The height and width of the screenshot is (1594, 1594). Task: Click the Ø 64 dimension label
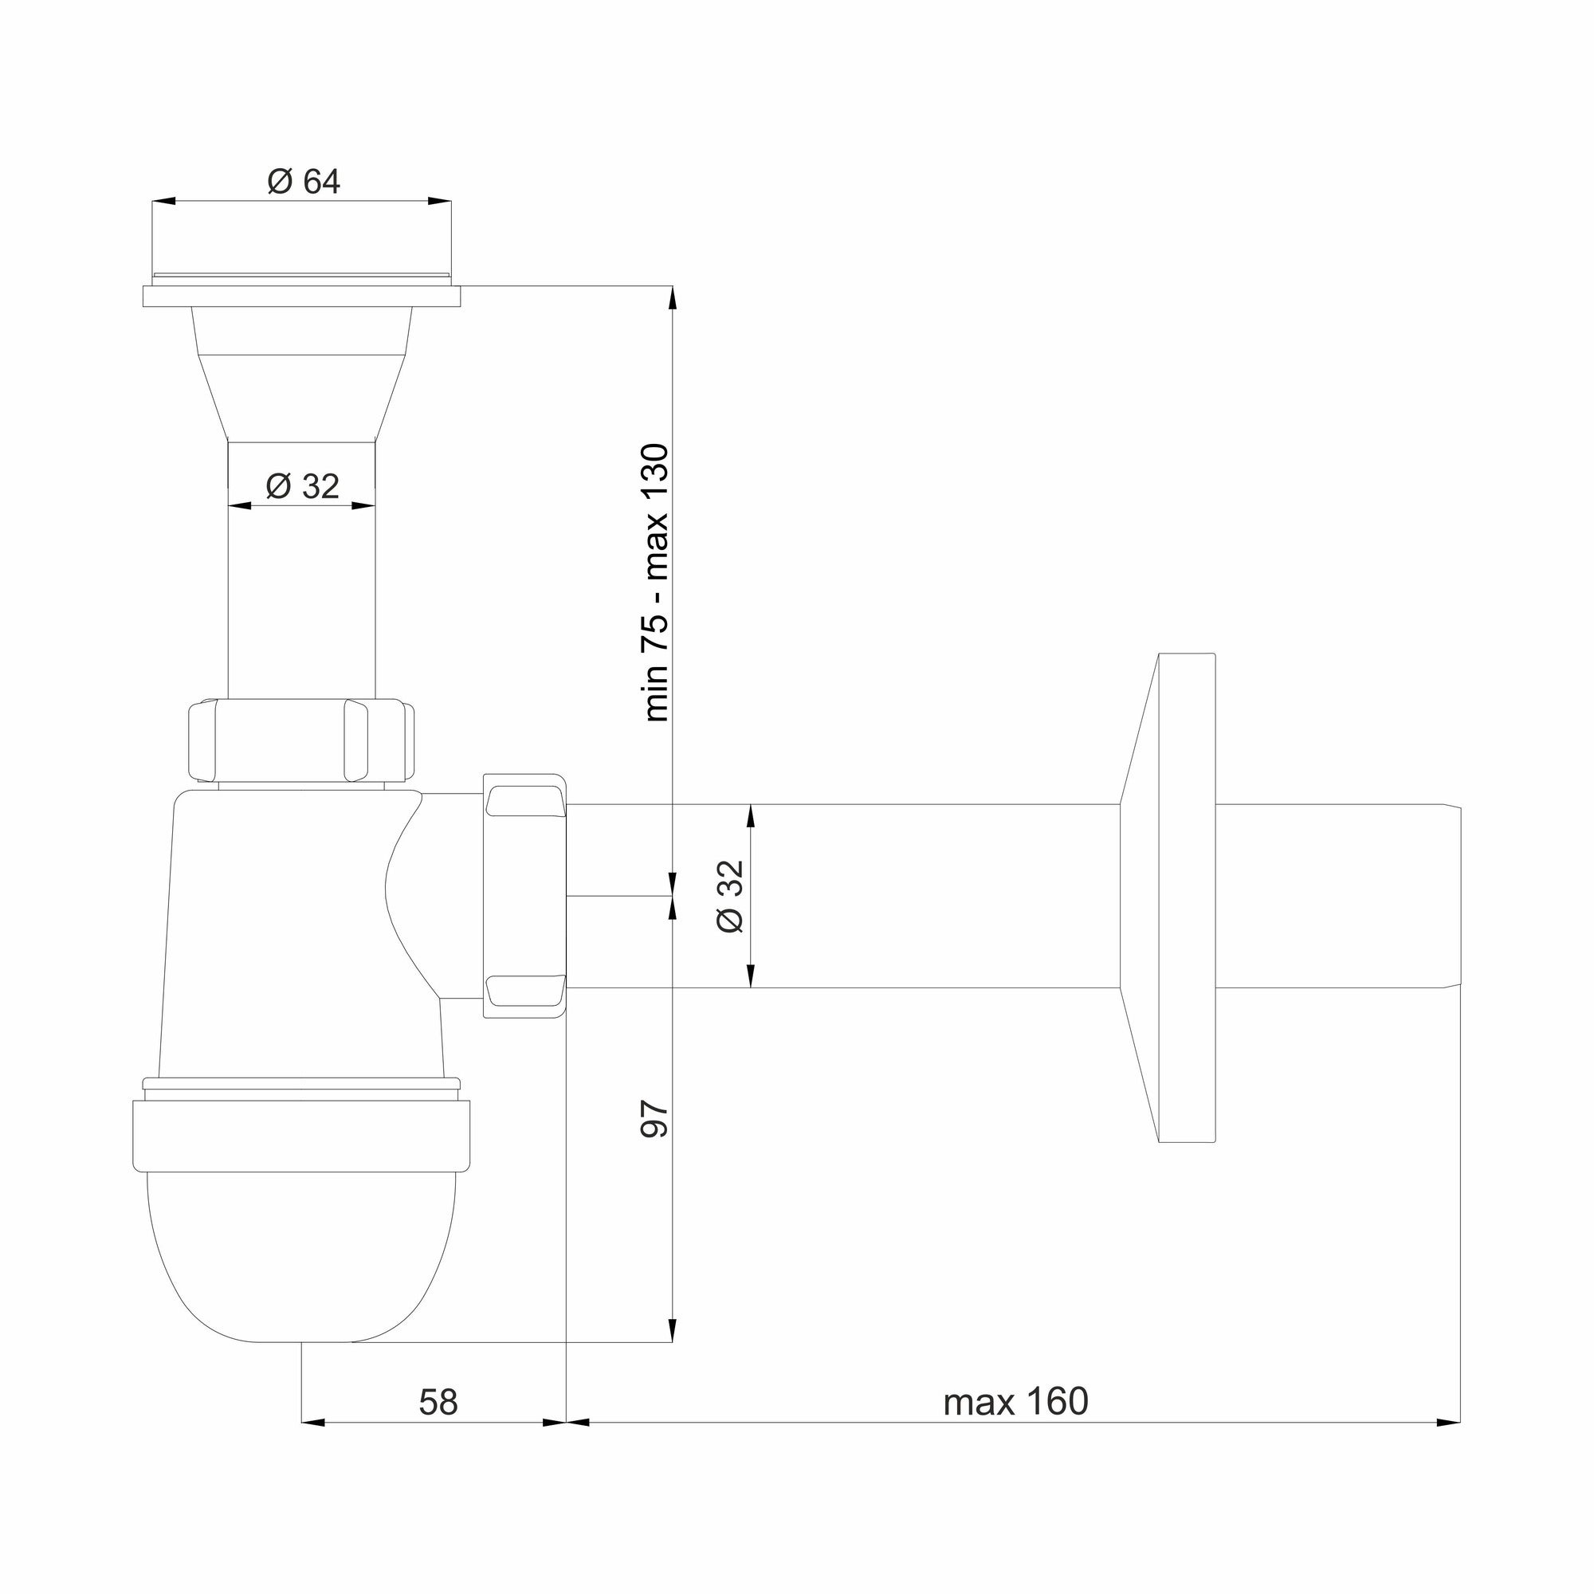point(304,182)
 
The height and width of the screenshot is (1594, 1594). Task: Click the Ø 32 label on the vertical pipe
point(302,486)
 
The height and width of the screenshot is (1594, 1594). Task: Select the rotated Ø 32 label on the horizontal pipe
point(731,896)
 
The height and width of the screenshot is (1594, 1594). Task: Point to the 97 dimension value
point(656,1119)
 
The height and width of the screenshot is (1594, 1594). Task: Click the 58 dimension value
point(438,1402)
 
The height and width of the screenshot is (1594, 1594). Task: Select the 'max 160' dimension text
point(1015,1402)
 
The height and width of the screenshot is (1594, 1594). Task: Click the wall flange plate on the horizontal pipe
point(1187,897)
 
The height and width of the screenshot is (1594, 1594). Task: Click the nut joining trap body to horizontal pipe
point(524,896)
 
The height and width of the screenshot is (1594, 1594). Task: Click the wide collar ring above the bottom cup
point(302,1134)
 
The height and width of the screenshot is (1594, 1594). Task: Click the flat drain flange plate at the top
point(302,296)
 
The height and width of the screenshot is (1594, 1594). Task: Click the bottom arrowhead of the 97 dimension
point(673,1330)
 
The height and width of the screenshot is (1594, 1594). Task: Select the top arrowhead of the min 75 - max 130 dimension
point(673,298)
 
